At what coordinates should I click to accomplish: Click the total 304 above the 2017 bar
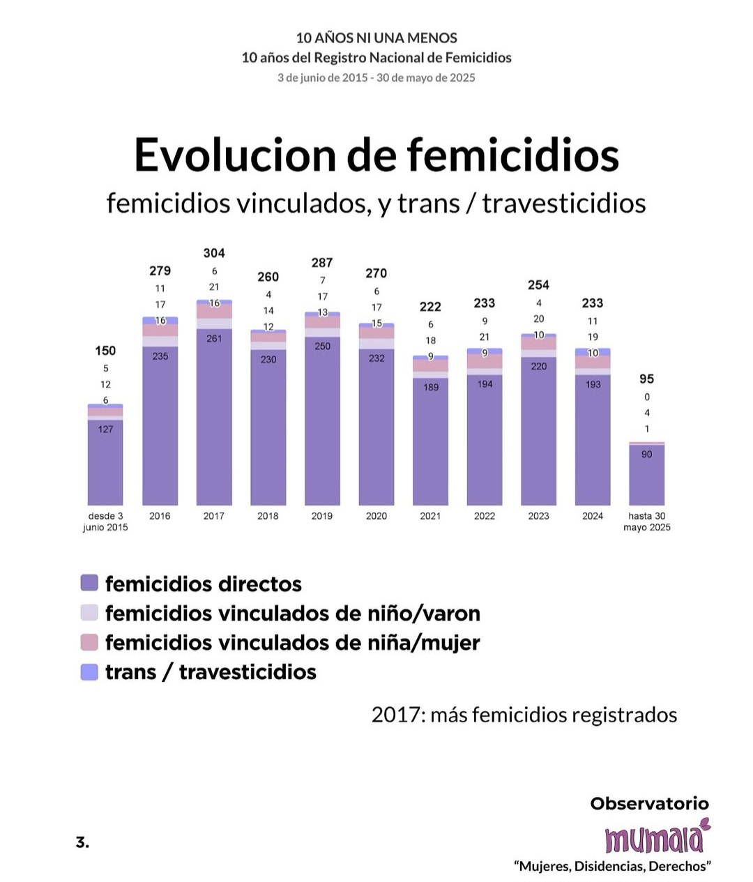point(214,253)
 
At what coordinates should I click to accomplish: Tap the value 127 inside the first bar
point(105,429)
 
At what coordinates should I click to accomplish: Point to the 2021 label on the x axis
point(430,516)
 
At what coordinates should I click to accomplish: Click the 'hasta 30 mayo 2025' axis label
point(647,522)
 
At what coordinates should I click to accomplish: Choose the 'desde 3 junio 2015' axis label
point(105,522)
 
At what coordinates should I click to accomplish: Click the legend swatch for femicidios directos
point(89,584)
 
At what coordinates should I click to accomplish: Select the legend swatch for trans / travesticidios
point(89,672)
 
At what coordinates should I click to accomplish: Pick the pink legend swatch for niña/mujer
point(89,643)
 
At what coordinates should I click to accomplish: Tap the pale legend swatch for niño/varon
point(89,613)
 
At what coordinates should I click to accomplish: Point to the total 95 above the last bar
point(647,379)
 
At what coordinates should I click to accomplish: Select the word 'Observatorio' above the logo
point(649,803)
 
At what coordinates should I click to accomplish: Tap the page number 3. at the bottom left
point(82,842)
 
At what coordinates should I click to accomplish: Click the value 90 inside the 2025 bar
point(647,454)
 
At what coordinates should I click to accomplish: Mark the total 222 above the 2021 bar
point(430,307)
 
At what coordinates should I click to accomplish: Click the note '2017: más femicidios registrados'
point(524,715)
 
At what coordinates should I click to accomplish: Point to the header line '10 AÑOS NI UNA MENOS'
point(376,38)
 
